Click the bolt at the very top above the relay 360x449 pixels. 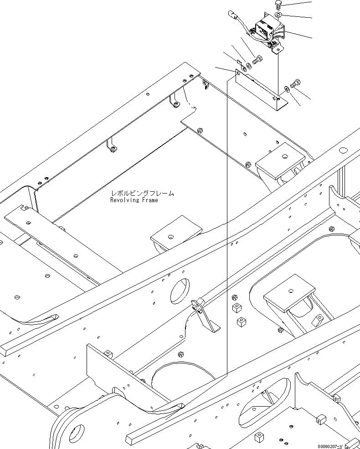pos(278,4)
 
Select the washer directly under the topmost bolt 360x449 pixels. pos(278,16)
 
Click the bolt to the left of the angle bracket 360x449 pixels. pos(257,59)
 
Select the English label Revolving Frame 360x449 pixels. pos(134,200)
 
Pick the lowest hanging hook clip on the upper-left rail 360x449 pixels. pos(112,146)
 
